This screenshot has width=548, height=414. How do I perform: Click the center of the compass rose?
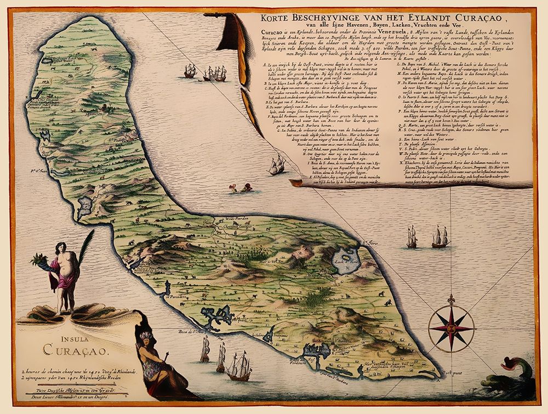pyautogui.click(x=452, y=328)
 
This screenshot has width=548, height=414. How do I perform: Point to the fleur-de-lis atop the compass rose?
pyautogui.click(x=452, y=301)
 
